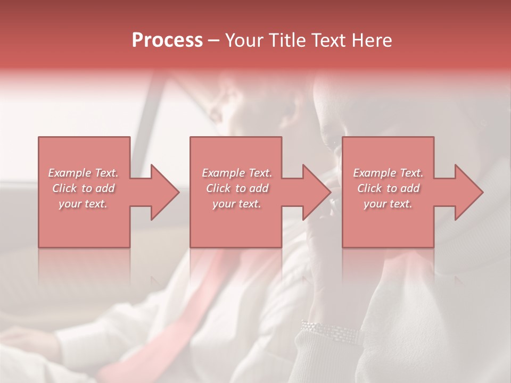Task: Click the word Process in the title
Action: (167, 40)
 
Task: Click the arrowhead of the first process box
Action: (164, 192)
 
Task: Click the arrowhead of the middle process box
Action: (316, 192)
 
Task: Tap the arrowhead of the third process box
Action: (468, 192)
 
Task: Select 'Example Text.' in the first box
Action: (84, 173)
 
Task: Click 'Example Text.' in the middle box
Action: (237, 173)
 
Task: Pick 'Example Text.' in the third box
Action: (388, 173)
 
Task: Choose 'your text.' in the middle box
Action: (236, 204)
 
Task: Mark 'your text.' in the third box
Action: (388, 204)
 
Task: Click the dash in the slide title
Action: (214, 41)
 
